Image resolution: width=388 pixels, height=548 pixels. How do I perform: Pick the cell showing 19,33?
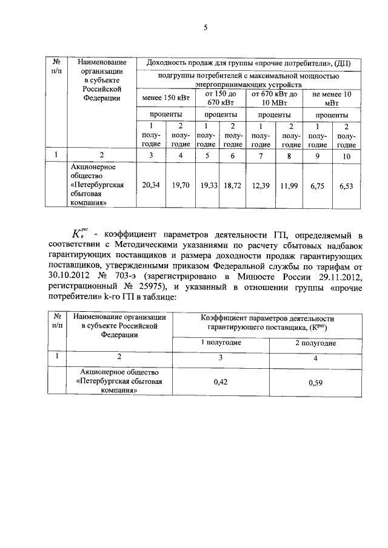tap(208, 186)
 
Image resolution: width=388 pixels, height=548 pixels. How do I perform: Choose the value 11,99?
tap(292, 187)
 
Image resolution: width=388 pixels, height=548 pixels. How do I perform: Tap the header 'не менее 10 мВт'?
tap(332, 98)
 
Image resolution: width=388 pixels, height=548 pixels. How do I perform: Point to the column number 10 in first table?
tap(346, 156)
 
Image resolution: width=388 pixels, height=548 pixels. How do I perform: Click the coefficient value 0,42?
tap(221, 382)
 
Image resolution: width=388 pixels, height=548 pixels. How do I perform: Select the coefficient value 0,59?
tap(315, 383)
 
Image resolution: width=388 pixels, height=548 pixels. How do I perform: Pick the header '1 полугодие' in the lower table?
tap(221, 343)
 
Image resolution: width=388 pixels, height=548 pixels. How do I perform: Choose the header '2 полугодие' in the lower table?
tap(315, 343)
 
